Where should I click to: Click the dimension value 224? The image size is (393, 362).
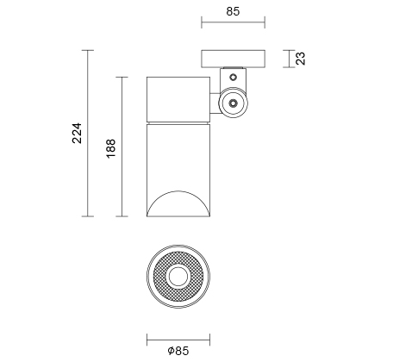click(x=77, y=133)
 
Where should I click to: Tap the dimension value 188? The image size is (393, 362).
click(x=111, y=148)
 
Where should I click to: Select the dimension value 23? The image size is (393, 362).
click(x=301, y=59)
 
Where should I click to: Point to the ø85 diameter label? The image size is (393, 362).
click(x=178, y=351)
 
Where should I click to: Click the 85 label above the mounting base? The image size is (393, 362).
click(x=233, y=11)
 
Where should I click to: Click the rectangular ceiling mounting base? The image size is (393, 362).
click(x=233, y=59)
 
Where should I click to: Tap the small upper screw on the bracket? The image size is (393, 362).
click(x=234, y=77)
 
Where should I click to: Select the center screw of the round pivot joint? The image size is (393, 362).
click(x=234, y=103)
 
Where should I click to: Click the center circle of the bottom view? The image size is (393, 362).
click(x=178, y=277)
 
